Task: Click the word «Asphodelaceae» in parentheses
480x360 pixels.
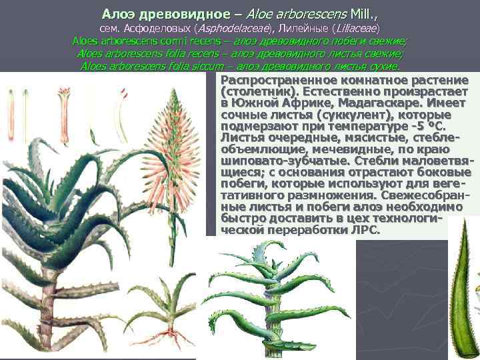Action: tap(230, 29)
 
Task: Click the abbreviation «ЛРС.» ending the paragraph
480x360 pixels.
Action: tap(364, 230)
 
